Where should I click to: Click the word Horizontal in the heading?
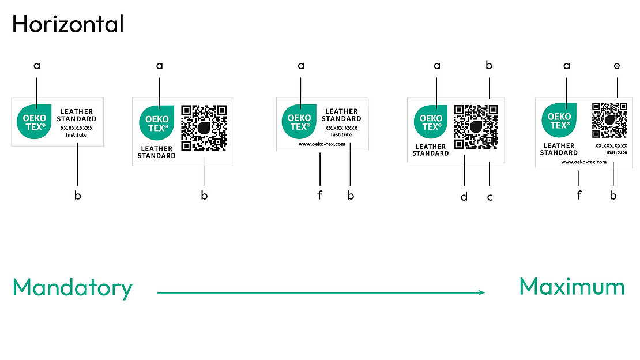coord(67,24)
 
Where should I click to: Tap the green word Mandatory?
coord(72,287)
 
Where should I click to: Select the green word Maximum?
coord(571,286)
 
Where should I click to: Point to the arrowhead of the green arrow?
coord(482,292)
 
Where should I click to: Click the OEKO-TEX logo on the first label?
coord(35,121)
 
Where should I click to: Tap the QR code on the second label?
coord(204,128)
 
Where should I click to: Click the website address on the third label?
coord(322,144)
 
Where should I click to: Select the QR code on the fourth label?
coord(476,126)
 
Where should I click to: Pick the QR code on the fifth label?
coord(609,119)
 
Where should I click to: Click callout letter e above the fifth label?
coord(617,66)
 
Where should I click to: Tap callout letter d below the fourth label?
coord(464,197)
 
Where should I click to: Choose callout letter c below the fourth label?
coord(490,197)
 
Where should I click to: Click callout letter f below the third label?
coord(319,195)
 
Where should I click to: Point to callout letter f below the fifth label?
coord(579,195)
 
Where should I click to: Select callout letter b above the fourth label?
coord(489,66)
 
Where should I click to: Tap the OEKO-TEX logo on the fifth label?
coord(559,120)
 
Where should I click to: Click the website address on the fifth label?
coord(583,162)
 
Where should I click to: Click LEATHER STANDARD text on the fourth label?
coord(430,150)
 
